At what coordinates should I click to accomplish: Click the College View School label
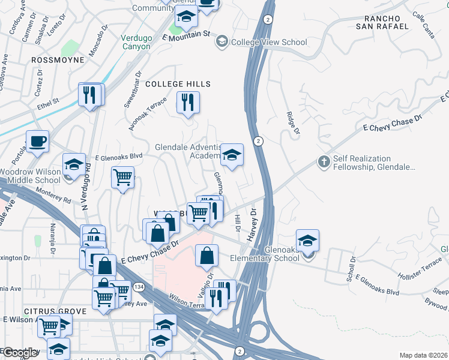[x=269, y=42]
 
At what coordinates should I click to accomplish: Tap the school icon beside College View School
[x=222, y=41]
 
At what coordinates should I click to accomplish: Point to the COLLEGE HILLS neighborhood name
[x=178, y=84]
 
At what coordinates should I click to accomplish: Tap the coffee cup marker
[x=38, y=142]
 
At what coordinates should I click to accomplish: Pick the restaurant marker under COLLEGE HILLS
[x=188, y=102]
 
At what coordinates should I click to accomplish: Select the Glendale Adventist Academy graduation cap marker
[x=232, y=156]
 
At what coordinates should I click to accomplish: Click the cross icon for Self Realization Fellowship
[x=324, y=161]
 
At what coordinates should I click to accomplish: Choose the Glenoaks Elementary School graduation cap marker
[x=307, y=241]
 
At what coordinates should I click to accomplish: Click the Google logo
[x=19, y=353]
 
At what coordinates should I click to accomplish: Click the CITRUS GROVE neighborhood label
[x=38, y=311]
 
